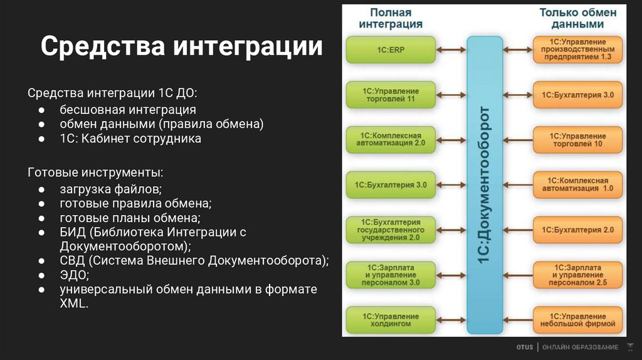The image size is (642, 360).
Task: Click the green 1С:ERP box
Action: tap(391, 50)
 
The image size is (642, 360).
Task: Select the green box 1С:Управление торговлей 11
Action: tap(391, 95)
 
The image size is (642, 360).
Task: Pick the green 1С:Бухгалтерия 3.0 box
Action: tap(391, 185)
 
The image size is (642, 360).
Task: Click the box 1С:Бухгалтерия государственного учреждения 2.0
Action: tap(391, 230)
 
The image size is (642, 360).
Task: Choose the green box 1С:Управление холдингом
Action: tap(391, 320)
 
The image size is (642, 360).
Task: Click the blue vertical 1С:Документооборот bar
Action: tap(485, 185)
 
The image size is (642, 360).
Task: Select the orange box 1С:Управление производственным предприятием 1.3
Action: tap(577, 50)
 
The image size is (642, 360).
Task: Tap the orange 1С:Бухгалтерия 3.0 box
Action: tap(577, 95)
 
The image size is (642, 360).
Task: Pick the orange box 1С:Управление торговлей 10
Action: tap(577, 139)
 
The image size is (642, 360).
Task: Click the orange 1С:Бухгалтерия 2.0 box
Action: tap(577, 230)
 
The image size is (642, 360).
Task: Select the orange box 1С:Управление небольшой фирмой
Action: tap(577, 320)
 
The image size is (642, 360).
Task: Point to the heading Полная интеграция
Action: tap(391, 18)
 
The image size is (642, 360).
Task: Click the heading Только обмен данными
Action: tap(577, 18)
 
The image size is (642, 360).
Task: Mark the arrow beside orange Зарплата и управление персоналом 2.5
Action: tap(518, 275)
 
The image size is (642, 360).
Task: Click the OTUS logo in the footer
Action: tap(525, 347)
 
